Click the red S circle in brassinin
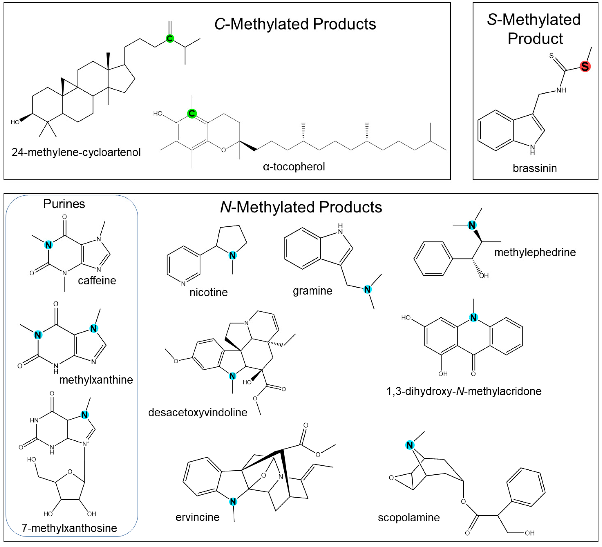pyautogui.click(x=585, y=66)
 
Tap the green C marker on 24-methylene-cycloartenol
pyautogui.click(x=170, y=38)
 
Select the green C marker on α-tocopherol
pyautogui.click(x=192, y=113)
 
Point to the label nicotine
pyautogui.click(x=208, y=292)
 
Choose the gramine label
pyautogui.click(x=312, y=291)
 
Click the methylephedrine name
pyautogui.click(x=535, y=252)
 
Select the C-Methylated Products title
pyautogui.click(x=295, y=24)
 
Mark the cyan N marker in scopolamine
pyautogui.click(x=409, y=445)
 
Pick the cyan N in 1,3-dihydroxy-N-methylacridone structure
pyautogui.click(x=473, y=318)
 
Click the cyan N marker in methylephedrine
pyautogui.click(x=472, y=225)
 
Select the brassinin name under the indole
pyautogui.click(x=535, y=168)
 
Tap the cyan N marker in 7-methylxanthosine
pyautogui.click(x=84, y=415)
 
